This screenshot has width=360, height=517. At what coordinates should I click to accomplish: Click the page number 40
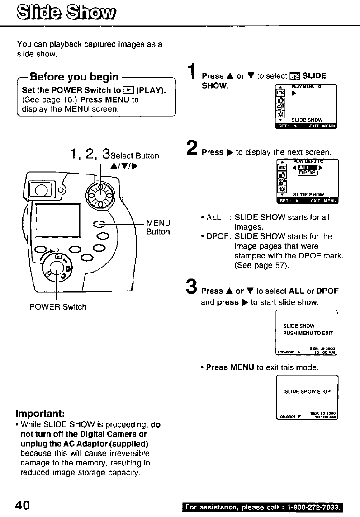23,505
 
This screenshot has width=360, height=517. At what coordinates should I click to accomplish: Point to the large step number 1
193,74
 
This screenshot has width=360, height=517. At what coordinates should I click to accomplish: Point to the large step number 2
192,149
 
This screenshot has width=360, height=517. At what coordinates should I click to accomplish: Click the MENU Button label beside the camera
158,227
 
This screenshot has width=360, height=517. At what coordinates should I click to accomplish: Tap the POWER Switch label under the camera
58,307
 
